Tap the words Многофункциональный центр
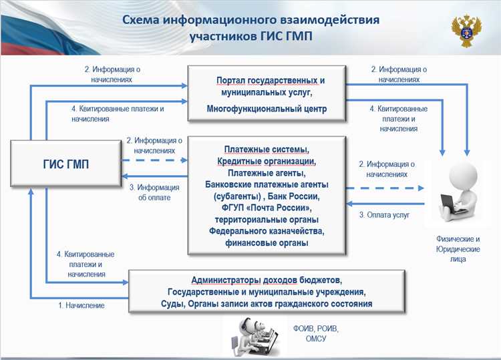tap(267, 109)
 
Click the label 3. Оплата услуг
tap(384, 215)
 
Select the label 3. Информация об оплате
tap(154, 192)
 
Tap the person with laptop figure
tap(459, 194)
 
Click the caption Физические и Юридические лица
tap(458, 248)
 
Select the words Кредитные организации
tap(267, 162)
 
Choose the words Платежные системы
tap(267, 150)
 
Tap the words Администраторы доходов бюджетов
tap(267, 279)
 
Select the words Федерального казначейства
tap(267, 231)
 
